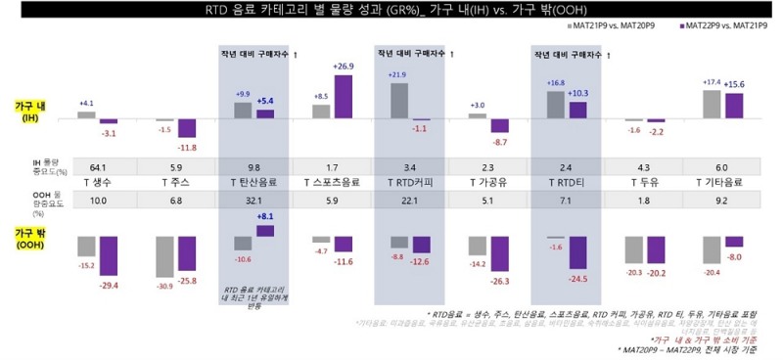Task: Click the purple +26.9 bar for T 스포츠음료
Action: (x=343, y=97)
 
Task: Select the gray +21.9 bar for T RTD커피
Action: (x=398, y=101)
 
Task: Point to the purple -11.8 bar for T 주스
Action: (x=186, y=128)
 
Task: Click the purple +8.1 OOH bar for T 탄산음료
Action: (x=264, y=231)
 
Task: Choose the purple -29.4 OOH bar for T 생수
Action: (x=108, y=256)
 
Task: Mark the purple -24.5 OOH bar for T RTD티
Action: (x=577, y=252)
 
